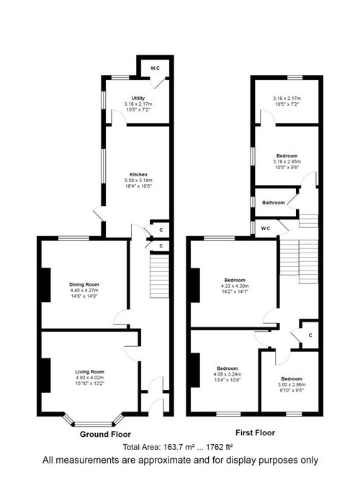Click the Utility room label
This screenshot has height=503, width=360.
tap(138, 98)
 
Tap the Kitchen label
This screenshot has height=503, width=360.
tap(138, 175)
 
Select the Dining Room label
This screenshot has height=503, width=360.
tap(84, 284)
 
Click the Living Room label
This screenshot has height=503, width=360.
tap(90, 372)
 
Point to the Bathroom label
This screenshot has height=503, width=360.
tap(274, 203)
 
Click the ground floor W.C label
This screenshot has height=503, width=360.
tap(155, 68)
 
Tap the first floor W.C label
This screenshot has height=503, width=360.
tap(266, 228)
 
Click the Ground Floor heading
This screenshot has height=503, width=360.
tap(105, 435)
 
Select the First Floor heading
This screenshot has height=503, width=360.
tap(255, 432)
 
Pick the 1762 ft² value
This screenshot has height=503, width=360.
tap(219, 447)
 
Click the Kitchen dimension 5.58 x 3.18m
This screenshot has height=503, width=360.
tap(138, 181)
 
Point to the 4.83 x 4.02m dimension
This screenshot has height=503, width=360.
tap(90, 378)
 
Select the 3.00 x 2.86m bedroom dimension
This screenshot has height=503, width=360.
tap(292, 385)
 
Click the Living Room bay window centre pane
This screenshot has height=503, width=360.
tap(94, 424)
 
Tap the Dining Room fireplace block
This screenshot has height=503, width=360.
tap(46, 285)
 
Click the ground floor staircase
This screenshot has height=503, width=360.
tap(159, 276)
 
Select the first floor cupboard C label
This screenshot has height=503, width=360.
tap(310, 335)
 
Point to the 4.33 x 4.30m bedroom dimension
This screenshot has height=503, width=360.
tap(235, 286)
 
